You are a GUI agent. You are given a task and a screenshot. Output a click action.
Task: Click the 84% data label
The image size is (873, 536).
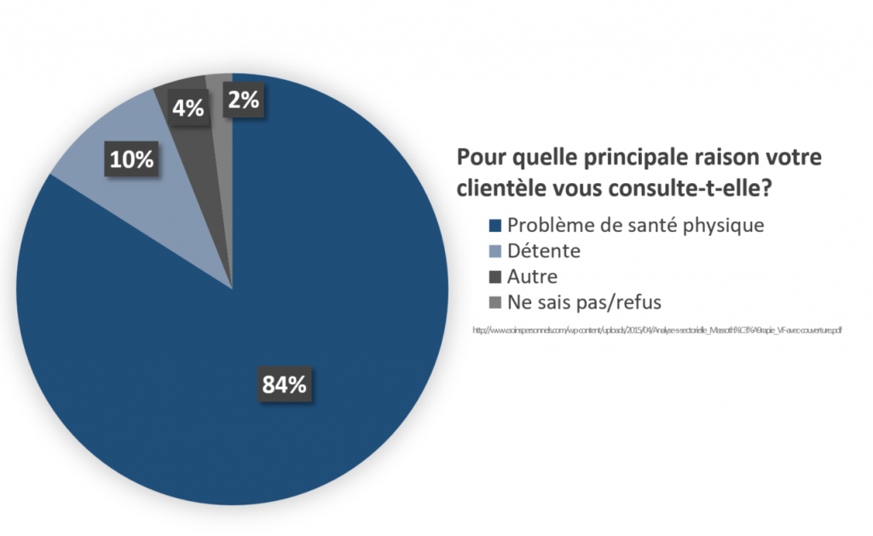point(284,384)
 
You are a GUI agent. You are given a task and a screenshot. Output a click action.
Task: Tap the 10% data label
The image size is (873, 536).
point(131,159)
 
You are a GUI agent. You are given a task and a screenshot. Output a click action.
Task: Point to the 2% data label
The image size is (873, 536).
point(244,100)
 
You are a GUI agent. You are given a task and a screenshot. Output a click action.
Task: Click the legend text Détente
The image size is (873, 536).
point(543,251)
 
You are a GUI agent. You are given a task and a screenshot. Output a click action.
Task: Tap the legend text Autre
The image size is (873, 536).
point(532,277)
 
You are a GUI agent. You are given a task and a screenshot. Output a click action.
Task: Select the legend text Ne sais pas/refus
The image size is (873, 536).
point(584,303)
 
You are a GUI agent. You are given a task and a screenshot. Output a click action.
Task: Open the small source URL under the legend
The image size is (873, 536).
point(657,330)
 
